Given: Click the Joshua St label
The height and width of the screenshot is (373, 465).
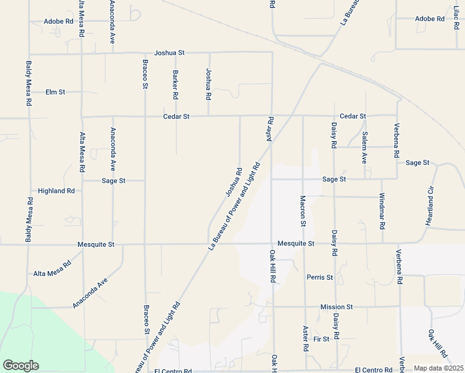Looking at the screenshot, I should click(x=170, y=53).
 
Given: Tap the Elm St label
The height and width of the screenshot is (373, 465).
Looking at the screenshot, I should click(x=55, y=92).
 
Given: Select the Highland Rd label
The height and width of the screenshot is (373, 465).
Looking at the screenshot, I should click(x=56, y=191).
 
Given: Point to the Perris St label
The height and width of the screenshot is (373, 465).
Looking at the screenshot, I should click(x=320, y=277).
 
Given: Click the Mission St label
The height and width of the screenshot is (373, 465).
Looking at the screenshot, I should click(x=336, y=307).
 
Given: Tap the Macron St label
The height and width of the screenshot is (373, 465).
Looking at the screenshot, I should click(x=303, y=211).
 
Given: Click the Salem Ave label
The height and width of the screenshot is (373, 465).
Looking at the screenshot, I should click(x=365, y=148).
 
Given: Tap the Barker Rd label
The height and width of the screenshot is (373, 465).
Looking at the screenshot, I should click(x=175, y=85).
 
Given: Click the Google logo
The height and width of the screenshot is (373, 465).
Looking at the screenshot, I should click(x=21, y=366).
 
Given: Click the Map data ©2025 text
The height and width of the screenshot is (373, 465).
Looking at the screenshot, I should click(x=438, y=368).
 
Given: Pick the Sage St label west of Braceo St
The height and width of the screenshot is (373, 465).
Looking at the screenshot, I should click(x=114, y=181).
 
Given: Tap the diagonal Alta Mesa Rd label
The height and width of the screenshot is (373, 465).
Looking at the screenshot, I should click(x=52, y=269).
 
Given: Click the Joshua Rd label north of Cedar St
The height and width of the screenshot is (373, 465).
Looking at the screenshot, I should click(x=209, y=85).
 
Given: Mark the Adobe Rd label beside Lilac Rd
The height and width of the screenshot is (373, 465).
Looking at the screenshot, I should click(x=430, y=19).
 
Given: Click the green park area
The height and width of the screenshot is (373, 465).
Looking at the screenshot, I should click(x=37, y=329).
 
